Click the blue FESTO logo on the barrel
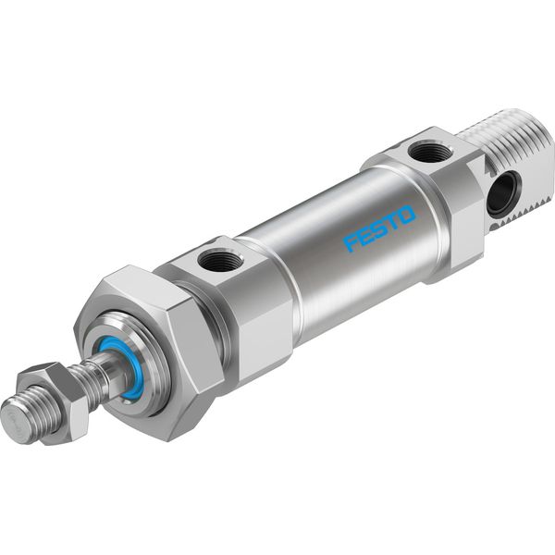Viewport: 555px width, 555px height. [379, 228]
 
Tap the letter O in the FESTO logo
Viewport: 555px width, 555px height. [406, 215]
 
